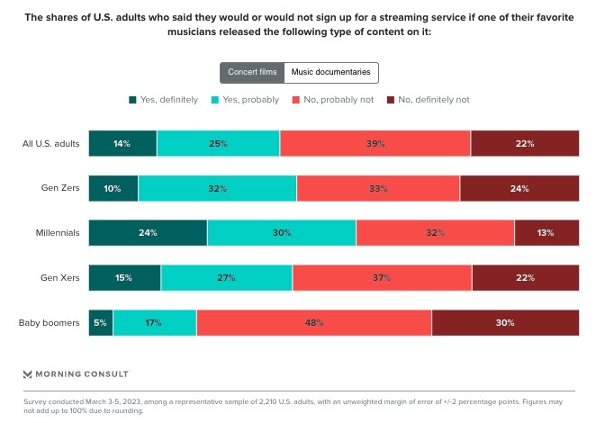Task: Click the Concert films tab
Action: pos(252,73)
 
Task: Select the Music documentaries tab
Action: pos(331,73)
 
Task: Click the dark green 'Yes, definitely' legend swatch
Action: pos(132,100)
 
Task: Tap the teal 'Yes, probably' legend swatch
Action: pos(215,100)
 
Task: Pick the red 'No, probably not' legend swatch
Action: pos(296,100)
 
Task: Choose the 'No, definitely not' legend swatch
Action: pos(391,100)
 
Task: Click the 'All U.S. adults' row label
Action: pos(52,143)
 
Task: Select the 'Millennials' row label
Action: pos(58,232)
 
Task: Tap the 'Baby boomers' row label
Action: pos(53,322)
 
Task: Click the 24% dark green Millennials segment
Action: pos(148,232)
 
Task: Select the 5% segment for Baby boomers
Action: pos(101,322)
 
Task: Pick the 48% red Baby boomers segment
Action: pos(313,322)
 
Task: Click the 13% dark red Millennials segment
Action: pos(546,232)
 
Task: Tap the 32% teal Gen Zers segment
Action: pos(217,188)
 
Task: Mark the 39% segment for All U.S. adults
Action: pos(375,143)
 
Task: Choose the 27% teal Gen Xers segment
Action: pos(227,277)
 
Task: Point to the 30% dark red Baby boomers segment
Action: pos(505,322)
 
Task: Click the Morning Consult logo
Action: pos(76,373)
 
